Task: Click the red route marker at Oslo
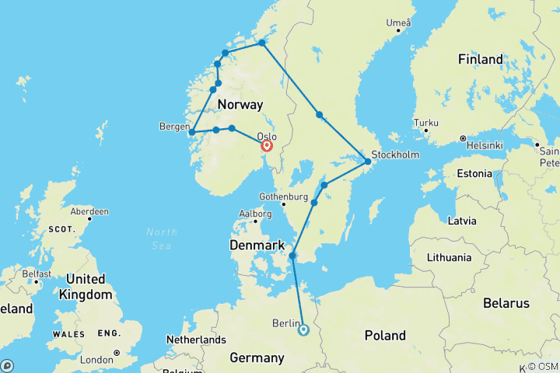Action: tap(267, 145)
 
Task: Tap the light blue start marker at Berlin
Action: tap(303, 329)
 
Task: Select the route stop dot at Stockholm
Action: tap(369, 162)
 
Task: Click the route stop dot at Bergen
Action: tap(192, 133)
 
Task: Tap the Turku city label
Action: tap(428, 123)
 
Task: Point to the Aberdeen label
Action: tap(89, 211)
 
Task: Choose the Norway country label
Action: tap(240, 104)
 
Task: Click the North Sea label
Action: tap(162, 238)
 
